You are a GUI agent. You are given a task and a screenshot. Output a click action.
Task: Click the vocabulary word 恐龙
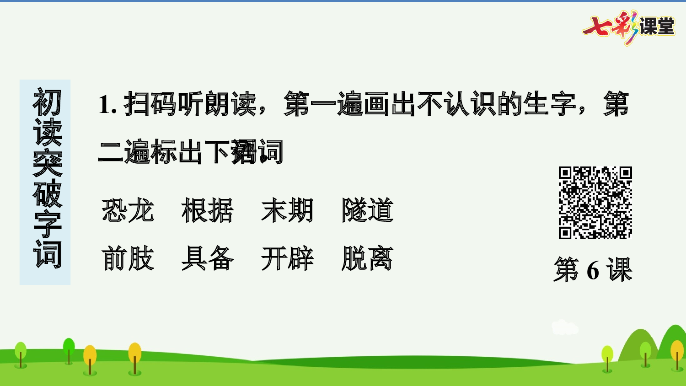point(128,210)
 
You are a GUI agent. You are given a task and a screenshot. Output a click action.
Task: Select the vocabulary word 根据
point(208,210)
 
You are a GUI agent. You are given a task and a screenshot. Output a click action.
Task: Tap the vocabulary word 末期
point(287,210)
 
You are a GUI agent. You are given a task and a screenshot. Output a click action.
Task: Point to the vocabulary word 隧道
point(367,210)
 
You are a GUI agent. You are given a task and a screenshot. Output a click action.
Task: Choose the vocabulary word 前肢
point(128,258)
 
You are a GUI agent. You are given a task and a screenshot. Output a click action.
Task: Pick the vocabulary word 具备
point(208,258)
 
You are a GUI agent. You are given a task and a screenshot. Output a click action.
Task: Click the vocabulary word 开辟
point(287,258)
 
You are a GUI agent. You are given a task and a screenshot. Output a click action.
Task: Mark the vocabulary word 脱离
point(367,258)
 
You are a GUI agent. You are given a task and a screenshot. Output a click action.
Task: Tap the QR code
point(595,202)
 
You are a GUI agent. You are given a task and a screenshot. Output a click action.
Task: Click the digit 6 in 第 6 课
point(593,270)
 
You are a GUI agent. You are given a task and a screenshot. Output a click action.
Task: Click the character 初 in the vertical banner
point(47,102)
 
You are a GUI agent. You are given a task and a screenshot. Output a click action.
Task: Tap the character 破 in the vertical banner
point(47,194)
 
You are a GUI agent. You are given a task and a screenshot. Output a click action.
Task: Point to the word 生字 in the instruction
point(551,104)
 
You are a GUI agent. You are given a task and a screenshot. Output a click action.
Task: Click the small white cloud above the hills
point(564,327)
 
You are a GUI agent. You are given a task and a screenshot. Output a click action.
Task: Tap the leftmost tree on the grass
point(21,354)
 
